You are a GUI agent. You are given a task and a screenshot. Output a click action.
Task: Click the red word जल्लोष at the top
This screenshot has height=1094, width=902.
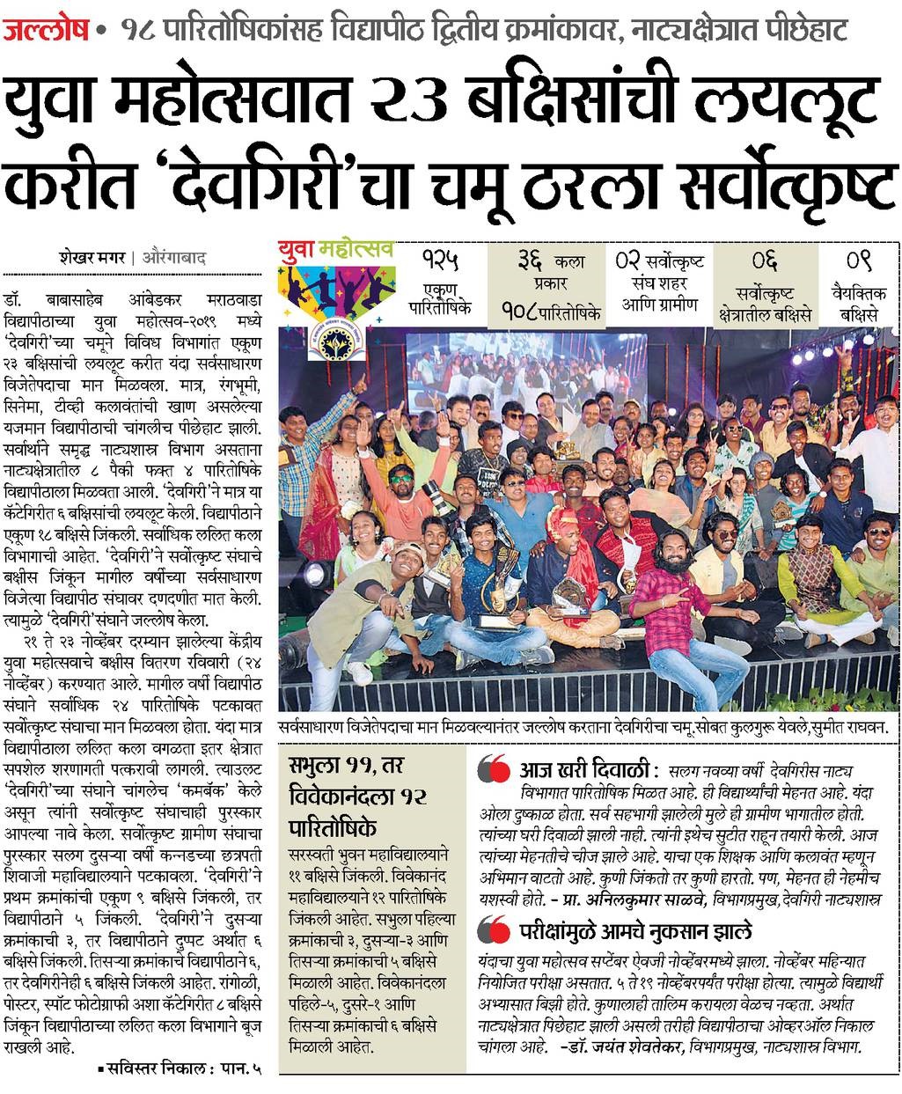pyautogui.click(x=45, y=33)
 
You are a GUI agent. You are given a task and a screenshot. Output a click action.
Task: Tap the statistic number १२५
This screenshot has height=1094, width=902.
pyautogui.click(x=440, y=261)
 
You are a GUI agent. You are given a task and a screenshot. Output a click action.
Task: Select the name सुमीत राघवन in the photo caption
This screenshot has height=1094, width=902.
pyautogui.click(x=845, y=731)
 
